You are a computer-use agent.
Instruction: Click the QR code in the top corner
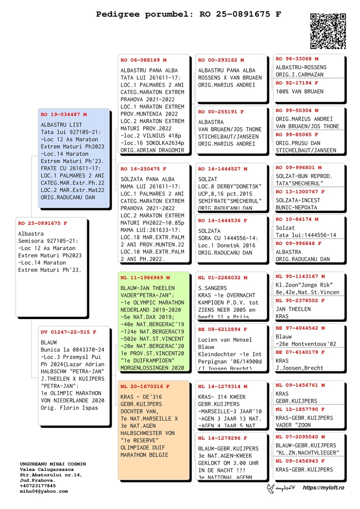click(328, 31)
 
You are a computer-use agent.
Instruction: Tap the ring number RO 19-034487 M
click(64, 115)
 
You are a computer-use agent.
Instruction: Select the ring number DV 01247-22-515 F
click(68, 332)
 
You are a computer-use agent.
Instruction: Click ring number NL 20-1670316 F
click(145, 387)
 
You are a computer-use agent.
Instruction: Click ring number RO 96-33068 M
click(297, 59)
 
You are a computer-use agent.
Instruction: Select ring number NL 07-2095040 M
click(300, 437)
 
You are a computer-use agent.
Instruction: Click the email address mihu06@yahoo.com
click(44, 491)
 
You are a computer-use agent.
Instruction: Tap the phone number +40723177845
click(38, 486)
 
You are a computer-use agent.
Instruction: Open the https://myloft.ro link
click(324, 488)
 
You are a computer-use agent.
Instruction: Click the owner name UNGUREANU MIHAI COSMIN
click(53, 464)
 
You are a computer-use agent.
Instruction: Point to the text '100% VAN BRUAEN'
click(300, 91)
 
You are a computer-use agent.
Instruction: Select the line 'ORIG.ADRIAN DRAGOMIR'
click(152, 150)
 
